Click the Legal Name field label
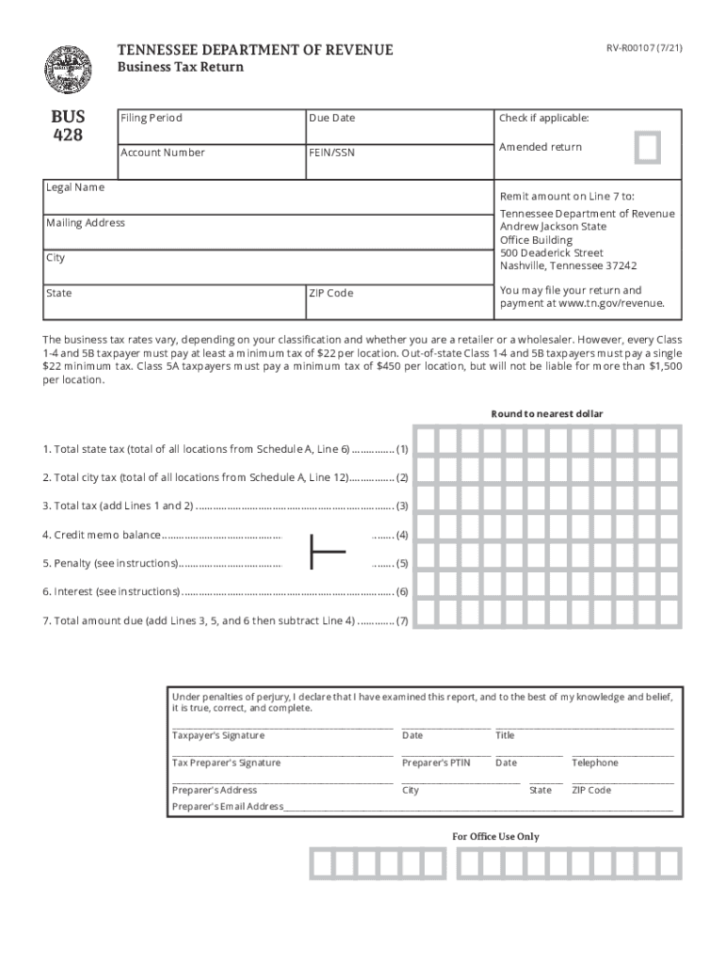point(75,187)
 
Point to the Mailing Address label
point(86,223)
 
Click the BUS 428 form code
point(67,126)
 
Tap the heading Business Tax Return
point(180,67)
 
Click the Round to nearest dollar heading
point(547,414)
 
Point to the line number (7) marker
point(402,621)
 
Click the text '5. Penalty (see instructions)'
point(110,564)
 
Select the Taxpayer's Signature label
point(217,735)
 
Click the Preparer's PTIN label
point(435,763)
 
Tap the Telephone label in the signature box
point(595,763)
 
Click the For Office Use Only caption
point(496,836)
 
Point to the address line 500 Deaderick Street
point(552,253)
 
